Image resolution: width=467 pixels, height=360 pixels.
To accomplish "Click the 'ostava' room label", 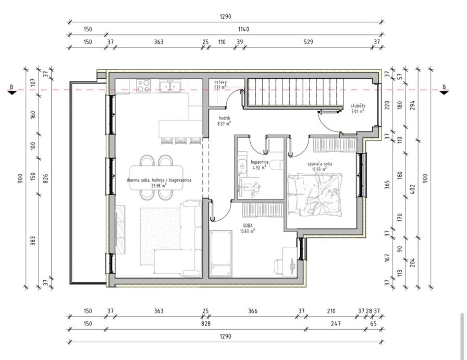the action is (x=220, y=82).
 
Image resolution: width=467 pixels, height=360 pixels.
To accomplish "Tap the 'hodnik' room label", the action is (x=225, y=118).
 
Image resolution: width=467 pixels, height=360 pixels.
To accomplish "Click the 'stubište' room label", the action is (x=358, y=106).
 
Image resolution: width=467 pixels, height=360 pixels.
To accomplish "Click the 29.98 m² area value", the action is (x=159, y=185).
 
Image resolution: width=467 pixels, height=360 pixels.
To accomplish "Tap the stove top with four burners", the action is (x=143, y=86).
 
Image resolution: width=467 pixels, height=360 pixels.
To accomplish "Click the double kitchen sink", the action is (x=170, y=85).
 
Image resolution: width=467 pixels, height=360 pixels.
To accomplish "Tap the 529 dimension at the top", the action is (x=308, y=42).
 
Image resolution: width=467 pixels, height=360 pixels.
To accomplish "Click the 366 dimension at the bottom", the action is (x=253, y=311).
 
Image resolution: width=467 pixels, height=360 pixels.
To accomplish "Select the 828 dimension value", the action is (x=205, y=323).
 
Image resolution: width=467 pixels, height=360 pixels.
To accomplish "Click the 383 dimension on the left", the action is (x=33, y=241).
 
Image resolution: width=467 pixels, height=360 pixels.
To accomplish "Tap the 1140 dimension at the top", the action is (x=243, y=29).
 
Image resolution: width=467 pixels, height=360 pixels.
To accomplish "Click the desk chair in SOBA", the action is (x=279, y=267).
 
